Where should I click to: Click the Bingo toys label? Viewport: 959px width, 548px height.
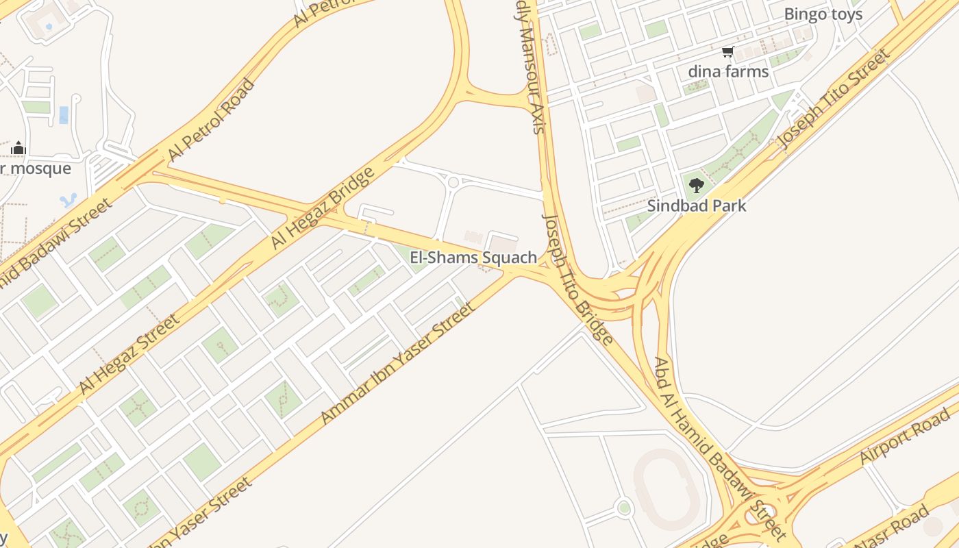coord(823,14)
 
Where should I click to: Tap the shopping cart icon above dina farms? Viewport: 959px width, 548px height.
coord(727,51)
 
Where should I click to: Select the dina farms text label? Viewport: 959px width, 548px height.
coord(728,71)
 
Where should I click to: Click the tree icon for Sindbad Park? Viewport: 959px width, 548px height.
coord(696,185)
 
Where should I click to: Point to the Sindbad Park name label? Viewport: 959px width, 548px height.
coord(697,206)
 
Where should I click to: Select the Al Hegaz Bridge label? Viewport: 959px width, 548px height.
coord(323,208)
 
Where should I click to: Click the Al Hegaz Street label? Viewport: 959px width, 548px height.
coord(129,353)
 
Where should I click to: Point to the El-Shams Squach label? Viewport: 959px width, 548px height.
coord(473,258)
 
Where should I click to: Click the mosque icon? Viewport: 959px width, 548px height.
coord(18,148)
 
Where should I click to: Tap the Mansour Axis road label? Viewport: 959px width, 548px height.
coord(531,68)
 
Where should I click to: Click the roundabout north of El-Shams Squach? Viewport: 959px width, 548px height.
coord(453,182)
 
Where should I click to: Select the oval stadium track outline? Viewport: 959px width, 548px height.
coord(666,488)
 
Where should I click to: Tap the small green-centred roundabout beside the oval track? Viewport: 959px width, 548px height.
coord(623,508)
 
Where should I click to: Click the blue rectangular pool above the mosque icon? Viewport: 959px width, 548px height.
coord(64,114)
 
